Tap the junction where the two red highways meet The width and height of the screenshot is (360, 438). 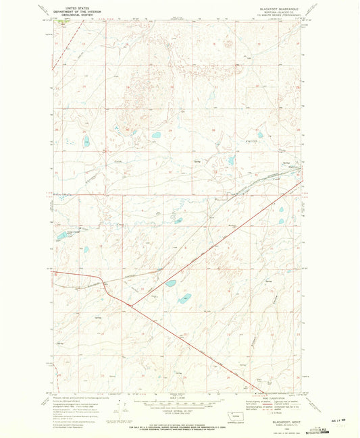pos(131,305)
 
